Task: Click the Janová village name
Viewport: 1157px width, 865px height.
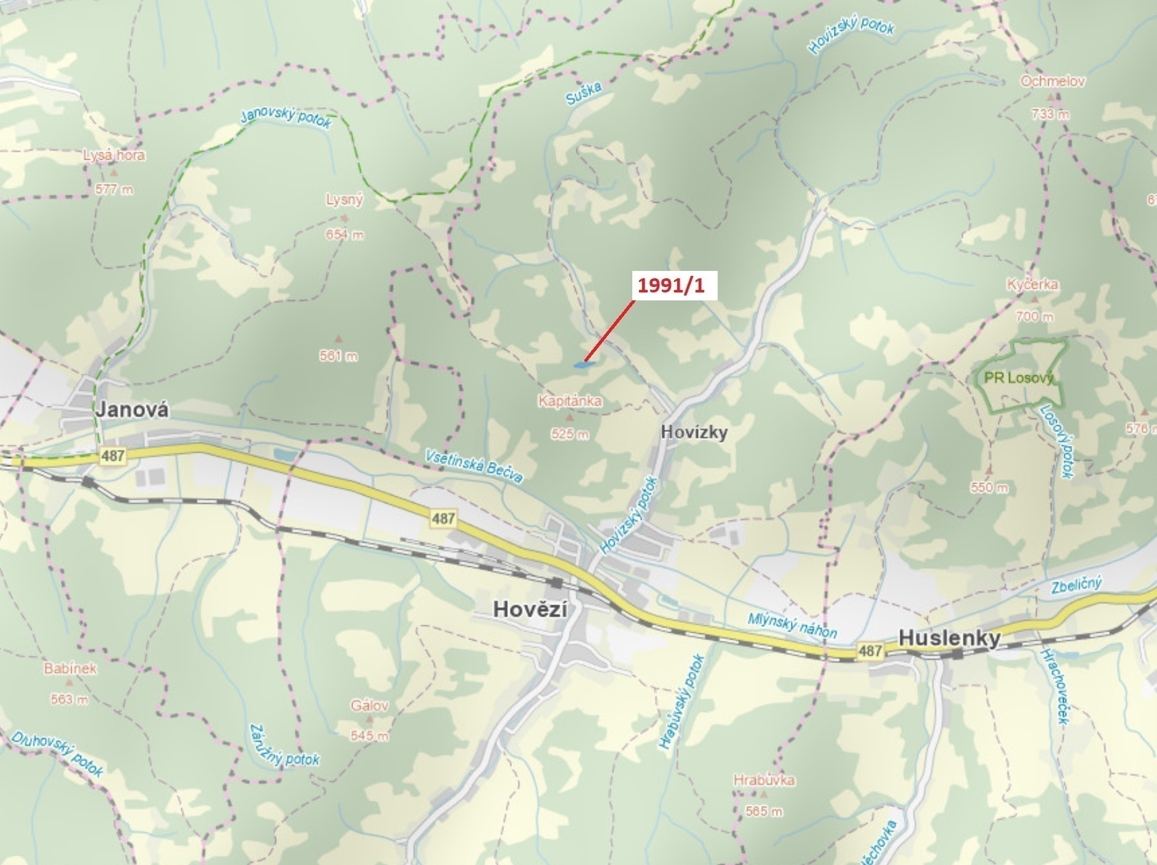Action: tap(131, 409)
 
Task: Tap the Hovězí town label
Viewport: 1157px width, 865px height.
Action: tap(530, 609)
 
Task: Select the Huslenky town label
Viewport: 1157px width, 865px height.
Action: tap(949, 638)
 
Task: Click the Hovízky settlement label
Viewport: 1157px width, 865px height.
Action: tap(694, 432)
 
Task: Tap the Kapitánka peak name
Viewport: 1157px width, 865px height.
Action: tap(570, 401)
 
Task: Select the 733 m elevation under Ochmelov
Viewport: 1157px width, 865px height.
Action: tap(1051, 114)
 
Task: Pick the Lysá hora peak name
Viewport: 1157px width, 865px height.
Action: tap(114, 155)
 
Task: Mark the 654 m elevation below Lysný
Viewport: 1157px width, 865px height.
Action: tap(345, 235)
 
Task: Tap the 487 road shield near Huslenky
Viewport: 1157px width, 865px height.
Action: tap(870, 650)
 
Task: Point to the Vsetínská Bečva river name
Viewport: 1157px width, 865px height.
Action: tap(474, 466)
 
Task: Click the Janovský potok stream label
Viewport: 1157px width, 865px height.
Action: tap(286, 117)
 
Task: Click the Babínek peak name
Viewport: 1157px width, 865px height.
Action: tap(70, 668)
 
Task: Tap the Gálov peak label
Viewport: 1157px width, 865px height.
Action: tap(369, 705)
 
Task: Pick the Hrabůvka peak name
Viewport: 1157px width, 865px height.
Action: tap(764, 780)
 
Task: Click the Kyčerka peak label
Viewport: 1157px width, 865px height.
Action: tap(1032, 284)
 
